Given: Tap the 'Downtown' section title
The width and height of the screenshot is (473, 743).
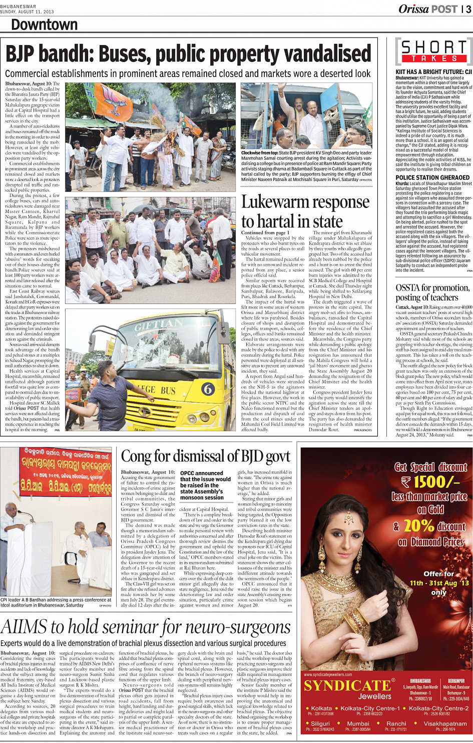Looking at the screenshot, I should (44, 24).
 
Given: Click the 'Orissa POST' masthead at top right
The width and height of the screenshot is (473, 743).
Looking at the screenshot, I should (428, 9).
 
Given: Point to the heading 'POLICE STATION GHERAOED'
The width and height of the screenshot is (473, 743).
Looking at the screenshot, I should (432, 177).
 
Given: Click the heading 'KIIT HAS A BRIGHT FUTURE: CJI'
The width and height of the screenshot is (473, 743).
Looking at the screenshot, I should (433, 72).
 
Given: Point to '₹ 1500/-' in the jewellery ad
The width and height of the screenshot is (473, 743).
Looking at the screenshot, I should (430, 482).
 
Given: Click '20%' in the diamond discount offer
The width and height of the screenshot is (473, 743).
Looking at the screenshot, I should (419, 525).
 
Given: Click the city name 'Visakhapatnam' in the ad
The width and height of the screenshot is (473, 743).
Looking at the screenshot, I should (445, 723).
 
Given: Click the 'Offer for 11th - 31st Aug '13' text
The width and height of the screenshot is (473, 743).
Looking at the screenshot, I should (439, 582).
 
